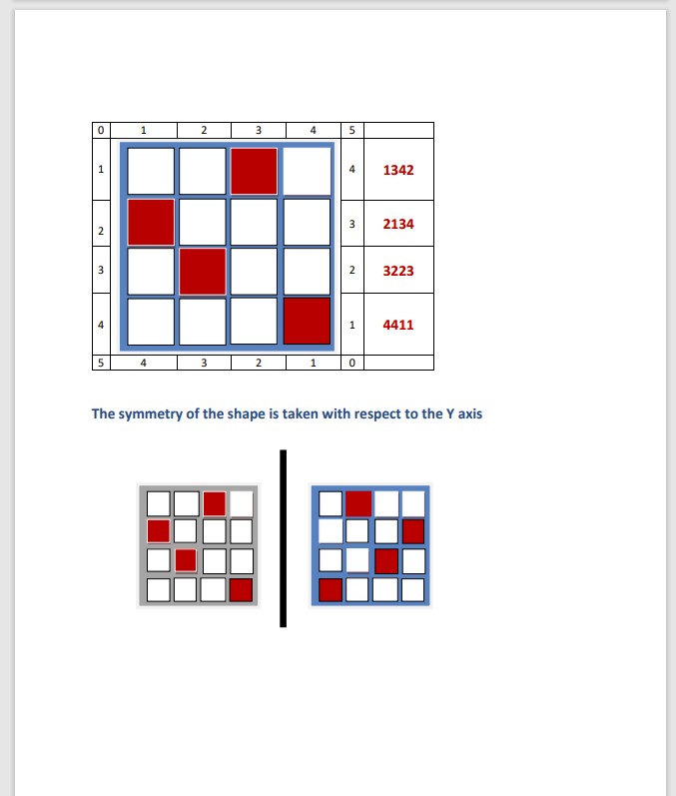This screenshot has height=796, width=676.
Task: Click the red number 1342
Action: [398, 170]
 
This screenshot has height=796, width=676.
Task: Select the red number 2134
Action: [398, 224]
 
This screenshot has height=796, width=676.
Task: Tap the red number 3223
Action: [398, 271]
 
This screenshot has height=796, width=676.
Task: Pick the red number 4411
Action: [398, 325]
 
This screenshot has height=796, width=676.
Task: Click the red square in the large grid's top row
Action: [255, 171]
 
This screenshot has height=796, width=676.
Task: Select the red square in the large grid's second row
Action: [151, 223]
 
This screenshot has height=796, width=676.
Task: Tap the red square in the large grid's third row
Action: [203, 271]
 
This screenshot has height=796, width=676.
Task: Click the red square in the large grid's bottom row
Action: [307, 321]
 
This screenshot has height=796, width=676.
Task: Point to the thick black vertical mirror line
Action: [284, 538]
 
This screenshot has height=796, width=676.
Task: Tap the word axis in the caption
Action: [470, 413]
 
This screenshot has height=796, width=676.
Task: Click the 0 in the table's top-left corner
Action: [101, 131]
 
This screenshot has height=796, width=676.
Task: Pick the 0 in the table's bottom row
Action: [351, 363]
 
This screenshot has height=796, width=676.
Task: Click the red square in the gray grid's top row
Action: [214, 503]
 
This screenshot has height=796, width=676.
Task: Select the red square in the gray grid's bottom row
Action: [241, 590]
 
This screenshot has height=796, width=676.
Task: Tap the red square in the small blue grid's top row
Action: [358, 503]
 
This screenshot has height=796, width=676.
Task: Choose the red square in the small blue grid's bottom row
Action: [331, 590]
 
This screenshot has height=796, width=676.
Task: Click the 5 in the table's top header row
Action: [351, 131]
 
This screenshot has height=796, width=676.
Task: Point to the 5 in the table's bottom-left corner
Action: [101, 363]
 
